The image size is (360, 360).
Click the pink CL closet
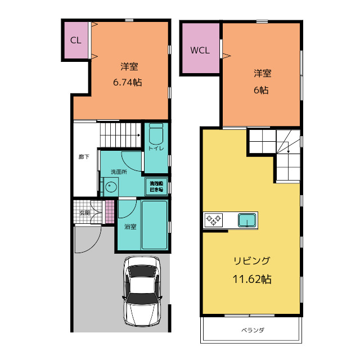click(x=75, y=40)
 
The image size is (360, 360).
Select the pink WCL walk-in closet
click(x=200, y=49)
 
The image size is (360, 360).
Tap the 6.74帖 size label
click(x=127, y=82)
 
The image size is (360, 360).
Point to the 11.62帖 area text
click(x=251, y=278)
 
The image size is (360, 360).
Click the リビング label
click(x=251, y=261)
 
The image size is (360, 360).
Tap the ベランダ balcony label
click(x=253, y=330)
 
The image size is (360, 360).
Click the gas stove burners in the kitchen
click(x=214, y=219)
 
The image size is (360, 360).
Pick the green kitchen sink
click(x=247, y=219)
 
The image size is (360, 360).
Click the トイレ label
click(x=156, y=148)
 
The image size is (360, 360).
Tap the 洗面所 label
click(x=118, y=172)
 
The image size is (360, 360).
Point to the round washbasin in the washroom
click(x=110, y=187)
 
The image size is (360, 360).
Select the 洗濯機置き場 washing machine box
click(x=156, y=186)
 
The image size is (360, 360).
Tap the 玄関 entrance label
click(x=84, y=213)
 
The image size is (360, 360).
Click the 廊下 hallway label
click(x=83, y=157)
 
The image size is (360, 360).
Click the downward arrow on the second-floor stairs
click(x=289, y=150)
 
